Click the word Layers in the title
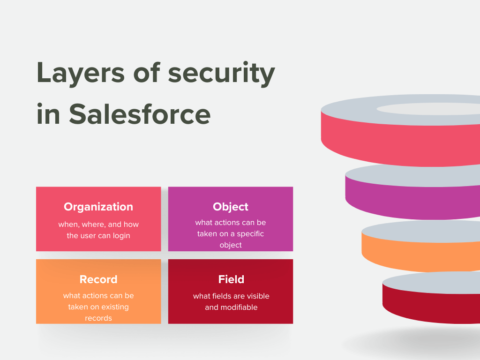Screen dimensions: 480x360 pos(81,73)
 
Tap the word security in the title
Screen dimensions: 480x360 pos(221,73)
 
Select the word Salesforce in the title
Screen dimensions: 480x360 pos(140,114)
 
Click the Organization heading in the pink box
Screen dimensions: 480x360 pos(98,207)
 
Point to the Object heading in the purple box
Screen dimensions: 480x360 pos(231,207)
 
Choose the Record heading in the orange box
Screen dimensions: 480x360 pos(98,279)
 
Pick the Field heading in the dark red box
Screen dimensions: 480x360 pos(231,279)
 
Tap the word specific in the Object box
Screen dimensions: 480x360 pos(250,234)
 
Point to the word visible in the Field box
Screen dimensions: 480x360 pos(258,296)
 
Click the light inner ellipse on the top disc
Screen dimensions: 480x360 pos(428,109)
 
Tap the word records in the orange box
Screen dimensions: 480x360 pos(98,318)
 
